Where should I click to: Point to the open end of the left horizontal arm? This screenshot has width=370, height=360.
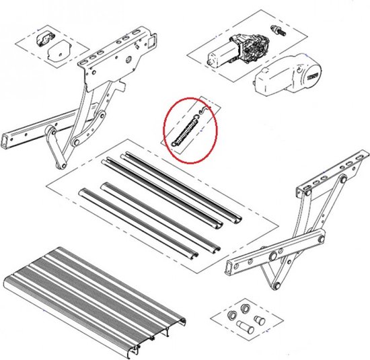point(9,141)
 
